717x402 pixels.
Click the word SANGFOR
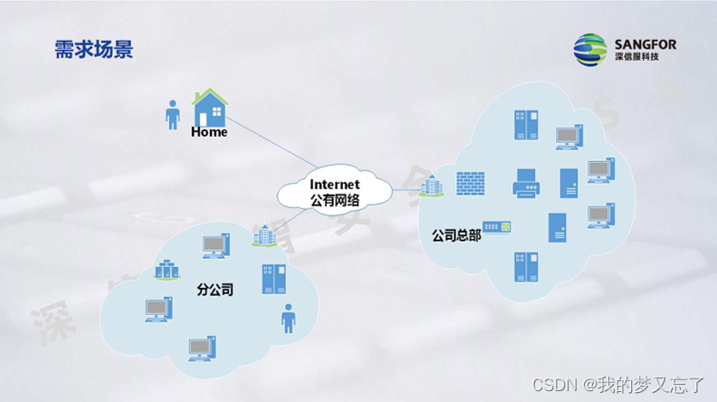[x=645, y=43]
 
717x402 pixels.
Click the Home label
[x=209, y=132]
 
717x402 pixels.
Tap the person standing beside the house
[x=172, y=113]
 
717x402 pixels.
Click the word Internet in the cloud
[x=335, y=184]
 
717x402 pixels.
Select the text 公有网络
[x=335, y=200]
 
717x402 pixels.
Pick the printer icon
[x=525, y=184]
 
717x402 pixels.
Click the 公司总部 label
[x=456, y=235]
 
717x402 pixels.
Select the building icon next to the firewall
[x=432, y=186]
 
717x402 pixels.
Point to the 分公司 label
[x=215, y=291]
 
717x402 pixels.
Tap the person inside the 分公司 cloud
[x=288, y=319]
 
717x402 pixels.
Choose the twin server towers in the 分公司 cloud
[x=273, y=279]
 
